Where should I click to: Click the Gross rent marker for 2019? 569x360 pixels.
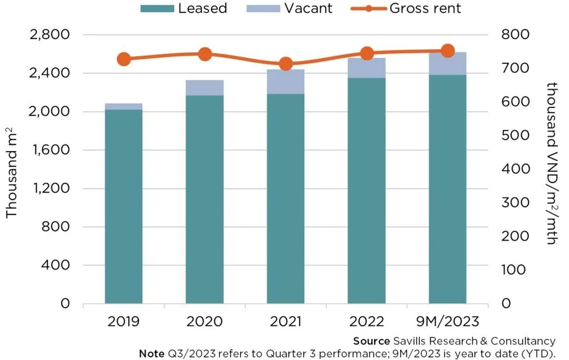(x=124, y=59)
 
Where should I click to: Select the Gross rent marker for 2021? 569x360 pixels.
(x=286, y=64)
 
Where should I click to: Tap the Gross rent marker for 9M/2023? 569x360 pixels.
(x=447, y=51)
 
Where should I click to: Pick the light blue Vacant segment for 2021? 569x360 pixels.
(x=286, y=82)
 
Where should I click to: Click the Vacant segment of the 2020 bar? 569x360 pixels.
(x=204, y=88)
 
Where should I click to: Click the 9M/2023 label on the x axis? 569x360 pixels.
(x=447, y=322)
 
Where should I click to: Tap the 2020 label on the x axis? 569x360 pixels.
(x=204, y=322)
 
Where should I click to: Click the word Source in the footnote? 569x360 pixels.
(x=371, y=341)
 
